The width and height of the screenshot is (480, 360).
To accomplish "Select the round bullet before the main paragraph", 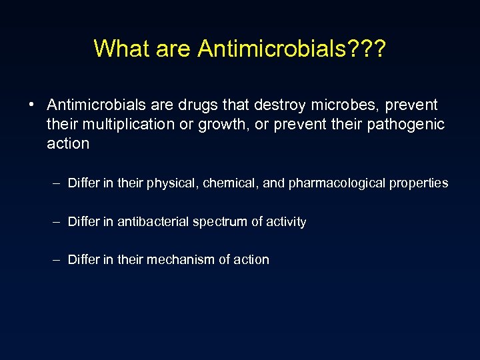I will tap(31, 105).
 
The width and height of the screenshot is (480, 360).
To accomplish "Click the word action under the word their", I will tap(68, 143).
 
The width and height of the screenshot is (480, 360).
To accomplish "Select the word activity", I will tap(286, 222).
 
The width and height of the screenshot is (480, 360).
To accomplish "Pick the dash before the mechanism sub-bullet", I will tap(58, 260).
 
